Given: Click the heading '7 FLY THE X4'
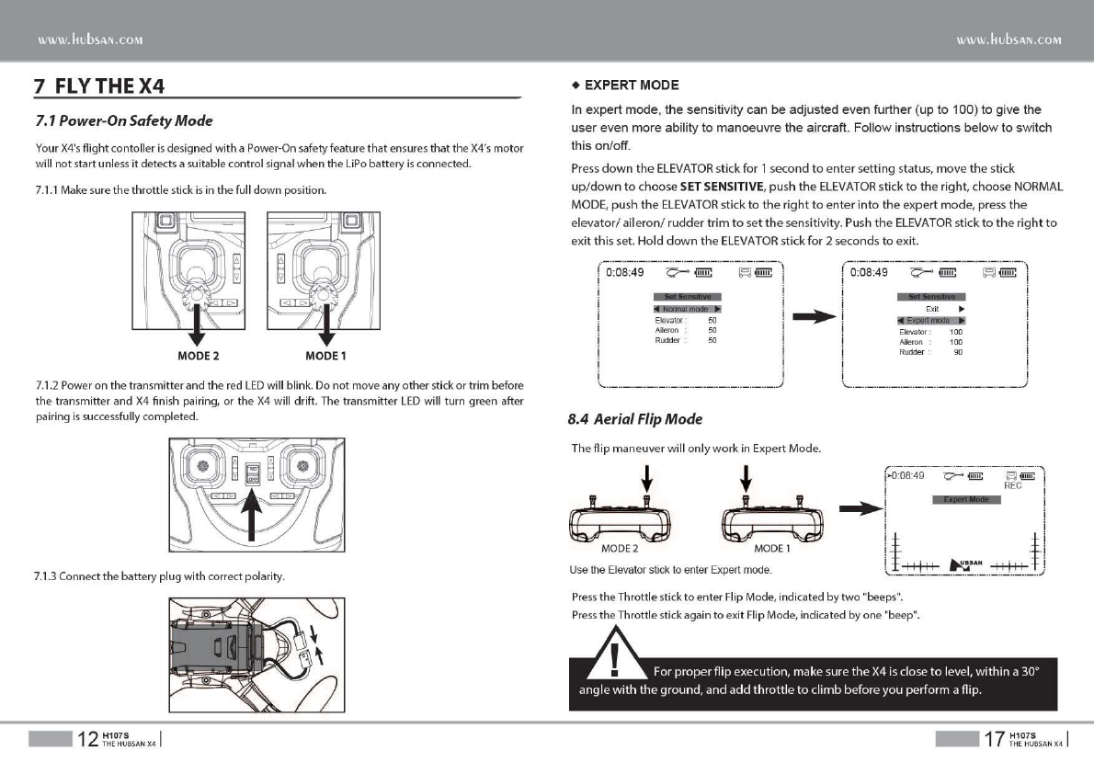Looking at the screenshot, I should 99,89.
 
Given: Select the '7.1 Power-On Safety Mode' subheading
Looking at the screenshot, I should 123,121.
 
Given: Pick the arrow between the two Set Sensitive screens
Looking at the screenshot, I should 813,317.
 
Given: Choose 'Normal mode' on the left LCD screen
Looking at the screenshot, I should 686,309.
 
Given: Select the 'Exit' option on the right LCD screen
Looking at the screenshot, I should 931,309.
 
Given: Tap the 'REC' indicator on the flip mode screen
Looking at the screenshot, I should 1012,486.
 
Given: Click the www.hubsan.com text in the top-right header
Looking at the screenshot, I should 1009,40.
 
